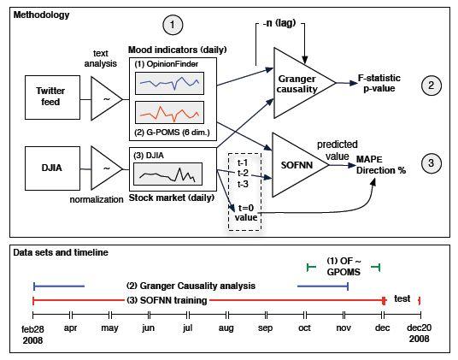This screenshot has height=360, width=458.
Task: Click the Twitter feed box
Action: (53, 97)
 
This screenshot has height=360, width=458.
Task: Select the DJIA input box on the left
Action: (53, 168)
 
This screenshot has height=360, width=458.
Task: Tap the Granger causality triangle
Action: (304, 83)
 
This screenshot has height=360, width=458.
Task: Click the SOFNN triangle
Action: (300, 165)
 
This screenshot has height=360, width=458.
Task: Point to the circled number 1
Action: (173, 25)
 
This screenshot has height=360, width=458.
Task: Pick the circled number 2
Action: (432, 86)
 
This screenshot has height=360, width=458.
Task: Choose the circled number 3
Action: (432, 163)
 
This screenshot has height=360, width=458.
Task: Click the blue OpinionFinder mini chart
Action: (169, 83)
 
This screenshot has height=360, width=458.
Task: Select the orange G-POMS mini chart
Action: (169, 113)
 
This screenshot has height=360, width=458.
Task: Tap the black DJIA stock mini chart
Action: (167, 174)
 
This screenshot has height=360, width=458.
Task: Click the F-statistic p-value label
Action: (379, 83)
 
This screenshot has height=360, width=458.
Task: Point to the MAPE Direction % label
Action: (381, 165)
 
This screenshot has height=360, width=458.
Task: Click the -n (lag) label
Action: (279, 23)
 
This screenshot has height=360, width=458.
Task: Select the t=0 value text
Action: (246, 212)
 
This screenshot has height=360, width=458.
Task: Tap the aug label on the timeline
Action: (226, 328)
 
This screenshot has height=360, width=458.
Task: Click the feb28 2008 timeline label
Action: (32, 334)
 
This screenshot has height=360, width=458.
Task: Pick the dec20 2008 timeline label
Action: (420, 333)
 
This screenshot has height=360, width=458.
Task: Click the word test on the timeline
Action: (402, 298)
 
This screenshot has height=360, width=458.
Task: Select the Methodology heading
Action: (42, 15)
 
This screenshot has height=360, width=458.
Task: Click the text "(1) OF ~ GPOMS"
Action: (343, 267)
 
